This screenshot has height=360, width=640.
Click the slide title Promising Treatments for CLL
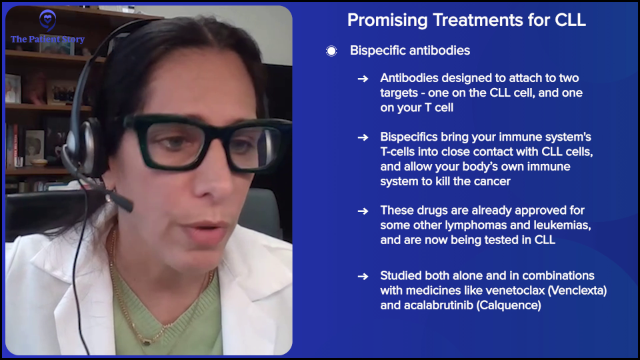(466, 20)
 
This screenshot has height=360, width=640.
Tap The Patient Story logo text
(47, 39)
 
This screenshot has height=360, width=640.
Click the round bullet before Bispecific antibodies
(331, 51)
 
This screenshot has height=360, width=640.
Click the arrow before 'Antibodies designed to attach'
(363, 78)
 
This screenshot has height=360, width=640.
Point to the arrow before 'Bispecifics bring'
(363, 137)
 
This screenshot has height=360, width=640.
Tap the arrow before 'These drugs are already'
(363, 211)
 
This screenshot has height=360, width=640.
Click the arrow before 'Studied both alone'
(363, 276)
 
